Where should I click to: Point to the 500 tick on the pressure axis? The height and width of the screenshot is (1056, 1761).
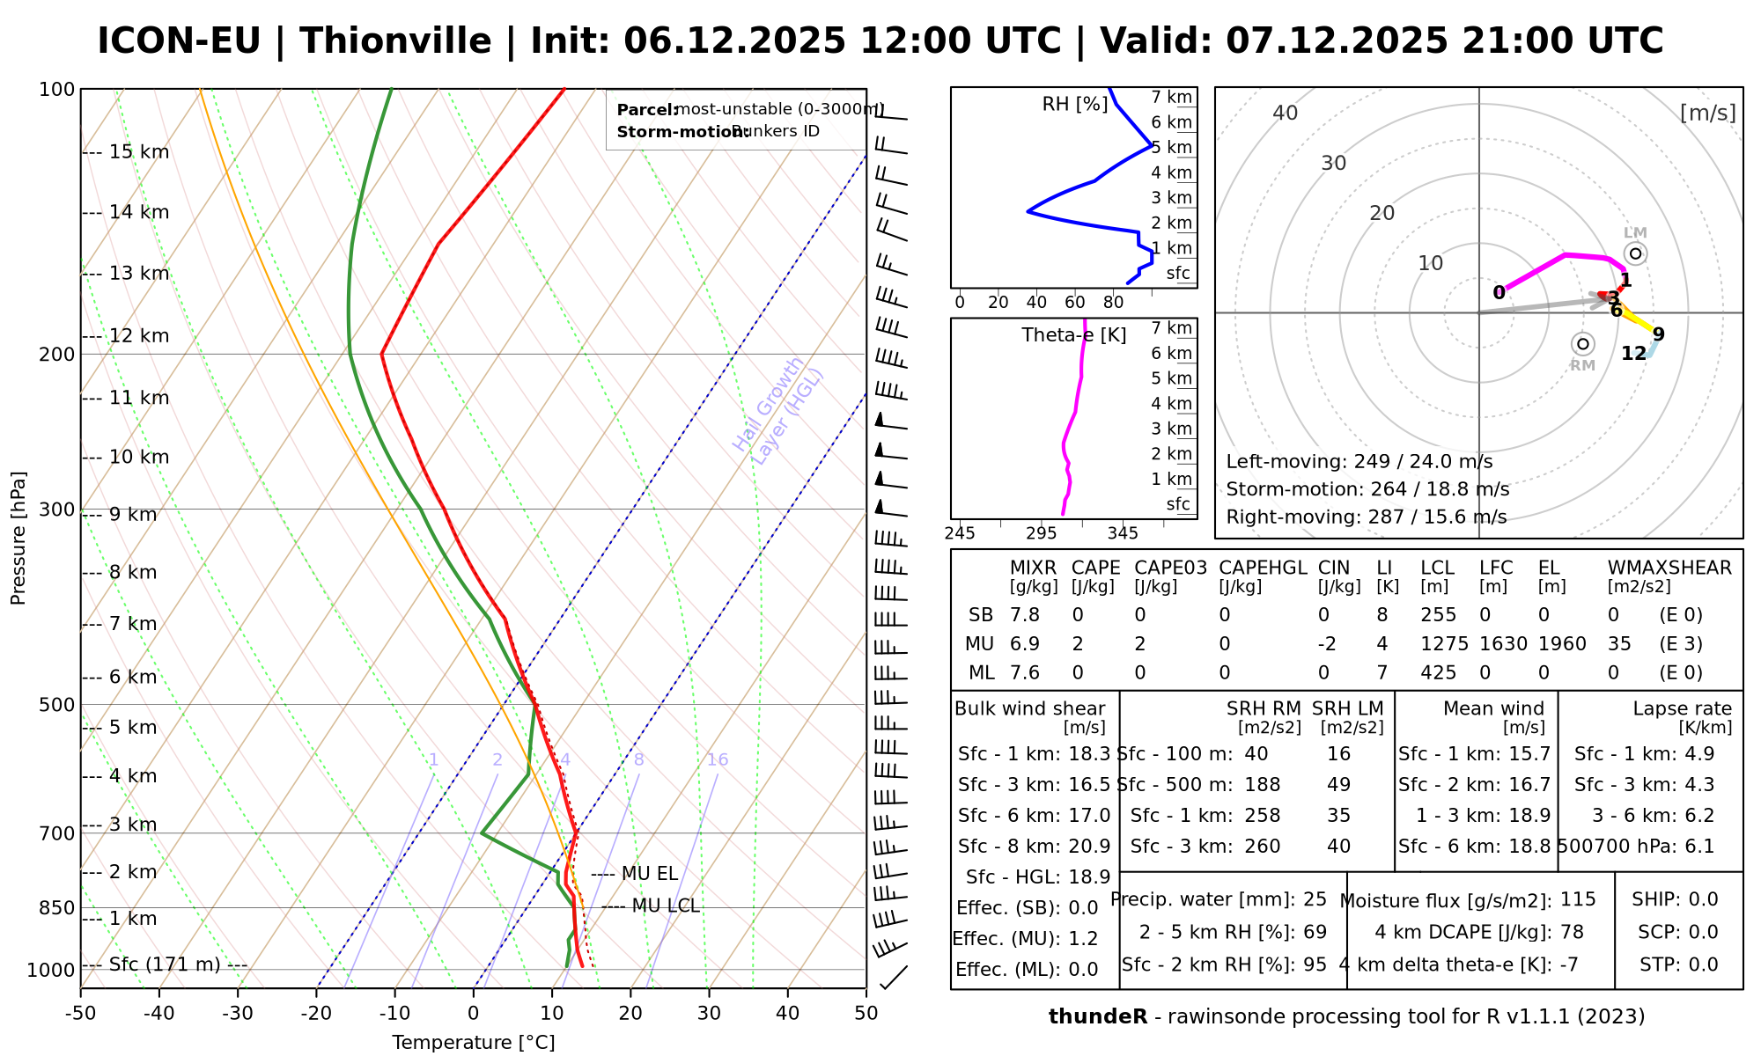pyautogui.click(x=58, y=705)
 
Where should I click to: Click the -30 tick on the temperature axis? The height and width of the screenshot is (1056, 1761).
pyautogui.click(x=238, y=1014)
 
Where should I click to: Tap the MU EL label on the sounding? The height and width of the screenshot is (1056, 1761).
pyautogui.click(x=650, y=874)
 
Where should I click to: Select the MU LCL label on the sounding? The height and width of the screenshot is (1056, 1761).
pyautogui.click(x=665, y=906)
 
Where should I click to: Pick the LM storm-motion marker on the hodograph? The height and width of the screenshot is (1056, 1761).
pyautogui.click(x=1635, y=253)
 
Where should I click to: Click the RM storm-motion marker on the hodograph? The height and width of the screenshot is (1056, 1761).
pyautogui.click(x=1582, y=343)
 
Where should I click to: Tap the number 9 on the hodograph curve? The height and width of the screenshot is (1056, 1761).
pyautogui.click(x=1658, y=334)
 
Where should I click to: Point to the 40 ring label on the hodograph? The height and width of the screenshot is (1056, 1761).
pyautogui.click(x=1286, y=113)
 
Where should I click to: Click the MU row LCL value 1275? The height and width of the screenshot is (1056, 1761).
pyautogui.click(x=1444, y=644)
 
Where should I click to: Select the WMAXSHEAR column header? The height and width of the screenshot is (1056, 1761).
pyautogui.click(x=1669, y=568)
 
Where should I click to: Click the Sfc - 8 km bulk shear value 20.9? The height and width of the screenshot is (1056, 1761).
pyautogui.click(x=1087, y=847)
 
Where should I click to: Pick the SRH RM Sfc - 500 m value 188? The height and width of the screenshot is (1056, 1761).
pyautogui.click(x=1263, y=785)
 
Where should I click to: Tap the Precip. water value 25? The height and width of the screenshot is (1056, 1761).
pyautogui.click(x=1315, y=899)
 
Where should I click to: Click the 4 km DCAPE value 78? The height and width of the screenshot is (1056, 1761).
pyautogui.click(x=1572, y=933)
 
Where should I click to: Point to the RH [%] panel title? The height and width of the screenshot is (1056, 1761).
pyautogui.click(x=1074, y=105)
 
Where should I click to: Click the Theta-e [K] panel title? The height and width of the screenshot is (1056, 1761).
pyautogui.click(x=1073, y=335)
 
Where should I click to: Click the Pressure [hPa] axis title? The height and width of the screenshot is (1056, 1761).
pyautogui.click(x=18, y=538)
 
